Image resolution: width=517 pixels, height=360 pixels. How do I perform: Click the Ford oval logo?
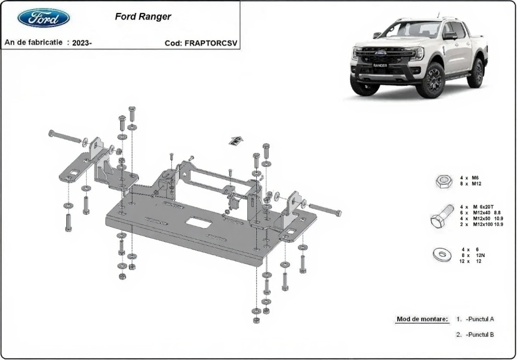[x=44, y=18]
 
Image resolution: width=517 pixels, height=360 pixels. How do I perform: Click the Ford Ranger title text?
[x=143, y=17]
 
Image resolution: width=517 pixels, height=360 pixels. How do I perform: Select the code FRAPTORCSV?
[x=211, y=43]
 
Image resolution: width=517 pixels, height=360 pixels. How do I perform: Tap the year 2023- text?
[x=82, y=43]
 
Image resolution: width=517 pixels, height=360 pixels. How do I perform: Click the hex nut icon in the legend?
[x=444, y=181]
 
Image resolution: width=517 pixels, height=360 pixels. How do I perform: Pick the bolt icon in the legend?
[x=442, y=216]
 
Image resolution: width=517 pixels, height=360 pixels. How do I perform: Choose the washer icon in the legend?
[x=442, y=255]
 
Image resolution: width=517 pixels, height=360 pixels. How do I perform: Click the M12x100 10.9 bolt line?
[x=482, y=224]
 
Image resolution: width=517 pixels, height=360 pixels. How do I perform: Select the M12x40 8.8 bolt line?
[x=480, y=213]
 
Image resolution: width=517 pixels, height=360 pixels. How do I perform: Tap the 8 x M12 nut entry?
[x=470, y=184]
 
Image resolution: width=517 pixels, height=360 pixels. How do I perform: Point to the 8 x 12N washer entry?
[x=473, y=255]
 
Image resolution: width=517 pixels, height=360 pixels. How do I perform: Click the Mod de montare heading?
[x=422, y=319]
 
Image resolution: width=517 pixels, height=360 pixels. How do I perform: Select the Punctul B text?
[x=480, y=335]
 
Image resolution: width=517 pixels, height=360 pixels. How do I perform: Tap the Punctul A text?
[x=480, y=319]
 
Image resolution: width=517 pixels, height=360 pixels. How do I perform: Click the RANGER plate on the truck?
[x=380, y=66]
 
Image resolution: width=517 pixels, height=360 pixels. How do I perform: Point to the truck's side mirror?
[x=450, y=36]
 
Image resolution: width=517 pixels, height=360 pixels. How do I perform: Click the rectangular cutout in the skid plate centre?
[x=199, y=222]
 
